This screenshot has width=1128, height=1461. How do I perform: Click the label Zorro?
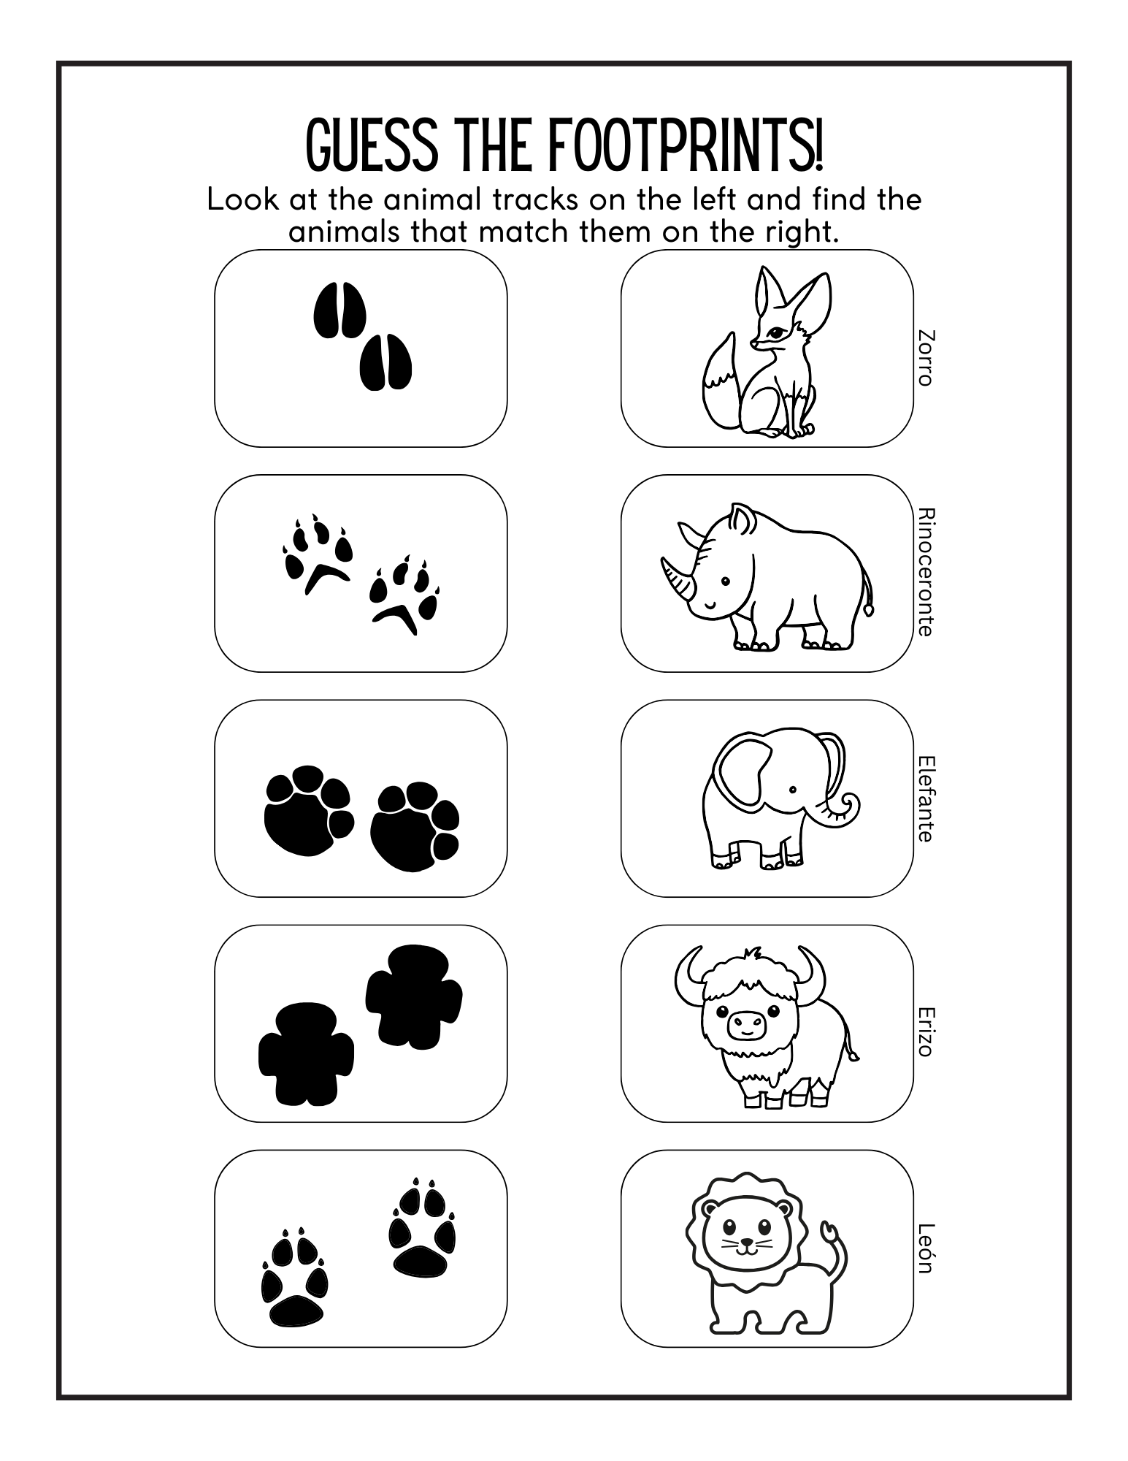pos(925,358)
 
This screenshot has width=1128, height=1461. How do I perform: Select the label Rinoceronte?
pos(925,571)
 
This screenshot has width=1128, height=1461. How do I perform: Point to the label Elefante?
pos(925,798)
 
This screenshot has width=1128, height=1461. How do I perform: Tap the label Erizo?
pos(925,1031)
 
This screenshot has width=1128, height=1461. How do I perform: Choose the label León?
pos(925,1248)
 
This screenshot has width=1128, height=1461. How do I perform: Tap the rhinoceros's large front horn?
pos(676,581)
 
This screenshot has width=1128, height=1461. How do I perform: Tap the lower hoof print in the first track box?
pos(385,362)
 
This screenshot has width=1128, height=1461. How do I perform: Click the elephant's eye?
pos(792,790)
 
